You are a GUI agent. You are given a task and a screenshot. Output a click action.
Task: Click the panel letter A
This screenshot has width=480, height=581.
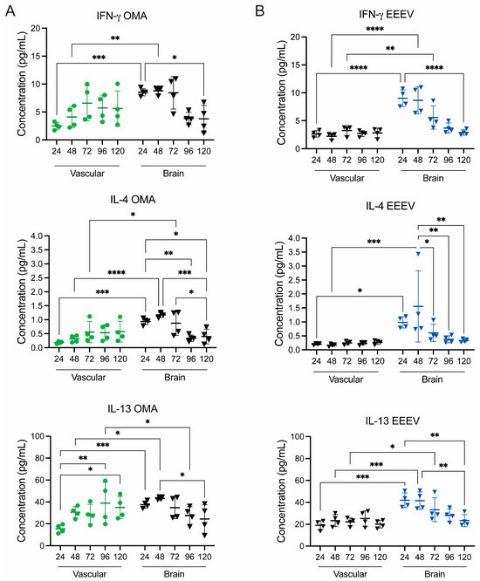point(10,11)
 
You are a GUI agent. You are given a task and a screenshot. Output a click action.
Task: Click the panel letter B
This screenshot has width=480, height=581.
point(259,11)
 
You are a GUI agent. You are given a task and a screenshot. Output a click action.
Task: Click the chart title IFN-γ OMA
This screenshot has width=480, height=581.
point(122,16)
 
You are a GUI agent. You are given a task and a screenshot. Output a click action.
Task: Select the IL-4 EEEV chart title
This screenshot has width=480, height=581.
point(389,206)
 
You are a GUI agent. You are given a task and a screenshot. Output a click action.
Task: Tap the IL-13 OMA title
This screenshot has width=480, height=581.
point(133,408)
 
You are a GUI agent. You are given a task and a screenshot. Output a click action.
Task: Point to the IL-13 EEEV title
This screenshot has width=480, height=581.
point(393,421)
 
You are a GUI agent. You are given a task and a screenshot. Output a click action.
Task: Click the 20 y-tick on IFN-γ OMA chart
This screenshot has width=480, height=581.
point(35,28)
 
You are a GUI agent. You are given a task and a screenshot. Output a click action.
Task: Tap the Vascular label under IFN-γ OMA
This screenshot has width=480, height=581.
point(87,174)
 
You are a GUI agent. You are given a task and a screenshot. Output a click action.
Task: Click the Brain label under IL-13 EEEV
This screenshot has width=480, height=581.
point(435,574)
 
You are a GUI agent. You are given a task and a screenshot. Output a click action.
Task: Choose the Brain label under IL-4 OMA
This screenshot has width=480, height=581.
point(175,377)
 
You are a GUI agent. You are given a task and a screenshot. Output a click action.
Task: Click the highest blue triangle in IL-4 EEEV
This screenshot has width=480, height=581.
point(418,254)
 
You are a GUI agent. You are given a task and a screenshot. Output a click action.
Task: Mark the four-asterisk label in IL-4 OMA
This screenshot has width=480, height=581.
point(116,273)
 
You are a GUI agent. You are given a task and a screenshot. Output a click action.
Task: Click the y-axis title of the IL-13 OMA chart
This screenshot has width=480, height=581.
point(22,491)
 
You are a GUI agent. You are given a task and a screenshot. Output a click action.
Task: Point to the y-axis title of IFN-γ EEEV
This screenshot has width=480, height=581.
point(282,92)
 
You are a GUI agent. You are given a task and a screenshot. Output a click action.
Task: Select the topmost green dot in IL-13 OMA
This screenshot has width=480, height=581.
point(106,481)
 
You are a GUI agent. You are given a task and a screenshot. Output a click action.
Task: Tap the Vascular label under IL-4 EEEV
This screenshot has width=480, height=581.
point(346,379)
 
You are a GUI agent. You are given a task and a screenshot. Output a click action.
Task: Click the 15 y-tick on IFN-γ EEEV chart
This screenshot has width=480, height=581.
point(295,65)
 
